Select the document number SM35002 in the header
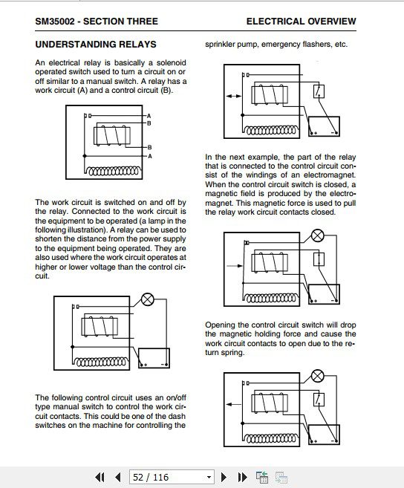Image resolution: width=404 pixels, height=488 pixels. click(x=55, y=21)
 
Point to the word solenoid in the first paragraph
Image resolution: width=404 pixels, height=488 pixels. click(x=172, y=62)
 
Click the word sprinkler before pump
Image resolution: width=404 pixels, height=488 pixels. click(x=220, y=45)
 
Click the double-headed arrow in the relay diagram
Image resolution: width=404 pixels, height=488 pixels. click(x=233, y=96)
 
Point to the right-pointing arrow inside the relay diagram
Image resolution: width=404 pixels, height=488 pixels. click(x=235, y=266)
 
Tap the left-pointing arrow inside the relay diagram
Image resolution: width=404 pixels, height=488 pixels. click(x=233, y=404)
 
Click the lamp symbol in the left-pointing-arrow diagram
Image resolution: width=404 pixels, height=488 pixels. click(x=317, y=376)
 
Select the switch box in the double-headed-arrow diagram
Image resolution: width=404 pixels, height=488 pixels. click(x=319, y=91)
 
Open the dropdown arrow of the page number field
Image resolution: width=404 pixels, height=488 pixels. click(x=209, y=477)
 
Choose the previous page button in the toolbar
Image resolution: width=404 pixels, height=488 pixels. click(x=117, y=477)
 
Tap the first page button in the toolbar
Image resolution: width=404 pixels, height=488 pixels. click(x=100, y=477)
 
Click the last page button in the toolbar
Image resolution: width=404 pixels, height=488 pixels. click(x=242, y=477)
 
